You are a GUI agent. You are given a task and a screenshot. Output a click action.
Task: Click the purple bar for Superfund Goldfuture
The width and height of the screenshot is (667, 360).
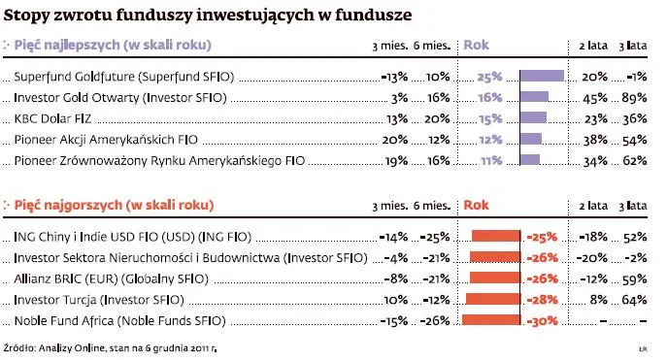[542, 76]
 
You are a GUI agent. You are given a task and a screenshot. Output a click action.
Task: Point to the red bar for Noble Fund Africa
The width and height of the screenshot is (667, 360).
[491, 320]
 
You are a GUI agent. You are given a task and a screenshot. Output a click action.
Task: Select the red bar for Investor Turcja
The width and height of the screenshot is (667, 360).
[493, 299]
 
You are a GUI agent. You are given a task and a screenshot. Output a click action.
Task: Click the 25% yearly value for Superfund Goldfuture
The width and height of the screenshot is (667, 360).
[489, 76]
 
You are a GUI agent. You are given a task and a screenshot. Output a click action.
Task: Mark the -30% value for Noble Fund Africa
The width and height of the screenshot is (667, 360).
[542, 320]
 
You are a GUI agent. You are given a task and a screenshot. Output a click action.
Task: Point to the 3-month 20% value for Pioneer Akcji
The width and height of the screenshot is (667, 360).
[395, 140]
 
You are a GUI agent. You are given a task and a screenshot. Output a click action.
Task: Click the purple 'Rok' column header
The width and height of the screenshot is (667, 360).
[477, 46]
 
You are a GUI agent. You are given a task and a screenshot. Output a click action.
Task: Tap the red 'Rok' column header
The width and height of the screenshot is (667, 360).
[477, 205]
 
